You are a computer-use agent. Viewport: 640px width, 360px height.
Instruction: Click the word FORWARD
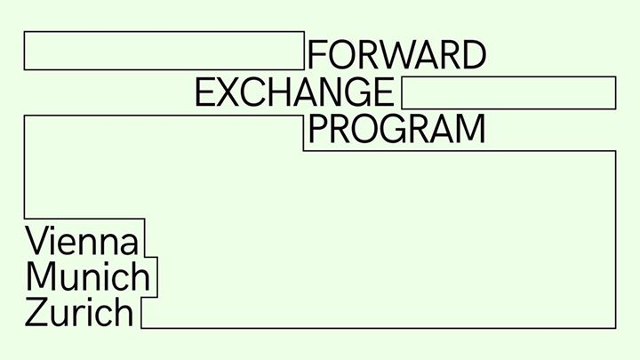point(396,55)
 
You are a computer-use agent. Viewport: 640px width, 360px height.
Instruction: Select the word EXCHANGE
point(295,92)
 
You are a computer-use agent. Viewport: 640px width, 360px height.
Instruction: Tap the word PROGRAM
point(396,129)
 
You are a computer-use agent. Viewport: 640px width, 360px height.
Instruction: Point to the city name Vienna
point(82,240)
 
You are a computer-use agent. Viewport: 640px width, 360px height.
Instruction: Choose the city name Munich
point(88,276)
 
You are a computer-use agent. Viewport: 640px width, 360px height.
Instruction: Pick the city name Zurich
point(79,312)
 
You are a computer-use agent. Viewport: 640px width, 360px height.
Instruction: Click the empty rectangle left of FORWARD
point(164,51)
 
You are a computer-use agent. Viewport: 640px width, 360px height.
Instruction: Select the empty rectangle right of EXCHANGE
point(508,92)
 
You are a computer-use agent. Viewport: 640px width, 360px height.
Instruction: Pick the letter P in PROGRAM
point(320,129)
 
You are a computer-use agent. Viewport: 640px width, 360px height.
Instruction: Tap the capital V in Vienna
point(38,240)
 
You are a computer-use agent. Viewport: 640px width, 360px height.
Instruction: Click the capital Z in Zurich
point(36,312)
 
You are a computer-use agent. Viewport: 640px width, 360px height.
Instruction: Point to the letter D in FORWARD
point(474,55)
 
